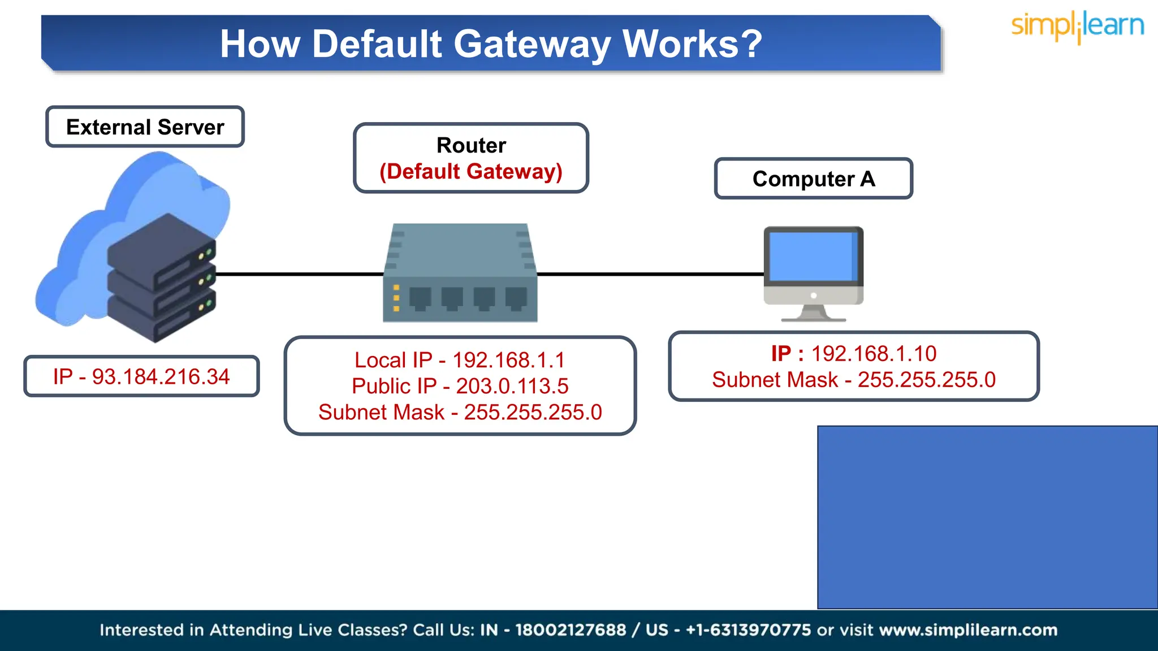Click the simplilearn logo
1077,27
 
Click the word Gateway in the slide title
532,44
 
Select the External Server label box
145,127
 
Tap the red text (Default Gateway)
470,171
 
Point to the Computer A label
813,179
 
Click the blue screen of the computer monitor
812,257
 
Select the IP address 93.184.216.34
161,377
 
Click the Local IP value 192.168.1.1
508,360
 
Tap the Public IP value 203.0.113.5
512,386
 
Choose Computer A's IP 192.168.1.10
874,354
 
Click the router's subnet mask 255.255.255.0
533,413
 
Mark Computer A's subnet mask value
926,380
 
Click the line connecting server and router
300,274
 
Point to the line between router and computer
650,274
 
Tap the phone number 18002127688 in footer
570,630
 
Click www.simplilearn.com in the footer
968,630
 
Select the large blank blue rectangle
987,517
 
